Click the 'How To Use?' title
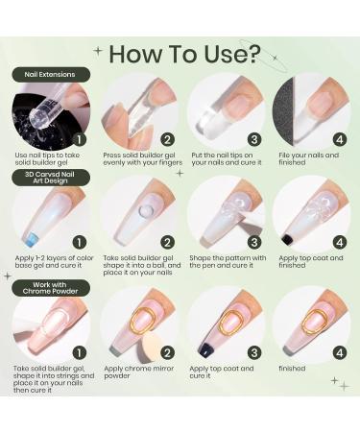pyautogui.click(x=184, y=54)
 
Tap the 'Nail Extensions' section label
pyautogui.click(x=51, y=75)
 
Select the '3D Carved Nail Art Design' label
pyautogui.click(x=51, y=178)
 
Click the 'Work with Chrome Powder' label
pyautogui.click(x=51, y=288)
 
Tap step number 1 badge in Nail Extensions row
pyautogui.click(x=80, y=139)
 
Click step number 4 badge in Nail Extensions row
pyautogui.click(x=340, y=139)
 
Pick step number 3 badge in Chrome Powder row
pyautogui.click(x=254, y=353)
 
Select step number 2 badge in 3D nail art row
pyautogui.click(x=167, y=243)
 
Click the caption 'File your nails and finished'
pyautogui.click(x=308, y=158)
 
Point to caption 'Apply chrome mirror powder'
pyautogui.click(x=138, y=372)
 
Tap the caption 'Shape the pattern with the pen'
pyautogui.click(x=228, y=262)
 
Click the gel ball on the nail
pyautogui.click(x=146, y=211)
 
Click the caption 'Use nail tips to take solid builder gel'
pyautogui.click(x=47, y=158)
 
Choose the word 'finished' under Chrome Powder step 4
pyautogui.click(x=292, y=369)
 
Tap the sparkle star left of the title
pyautogui.click(x=98, y=50)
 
